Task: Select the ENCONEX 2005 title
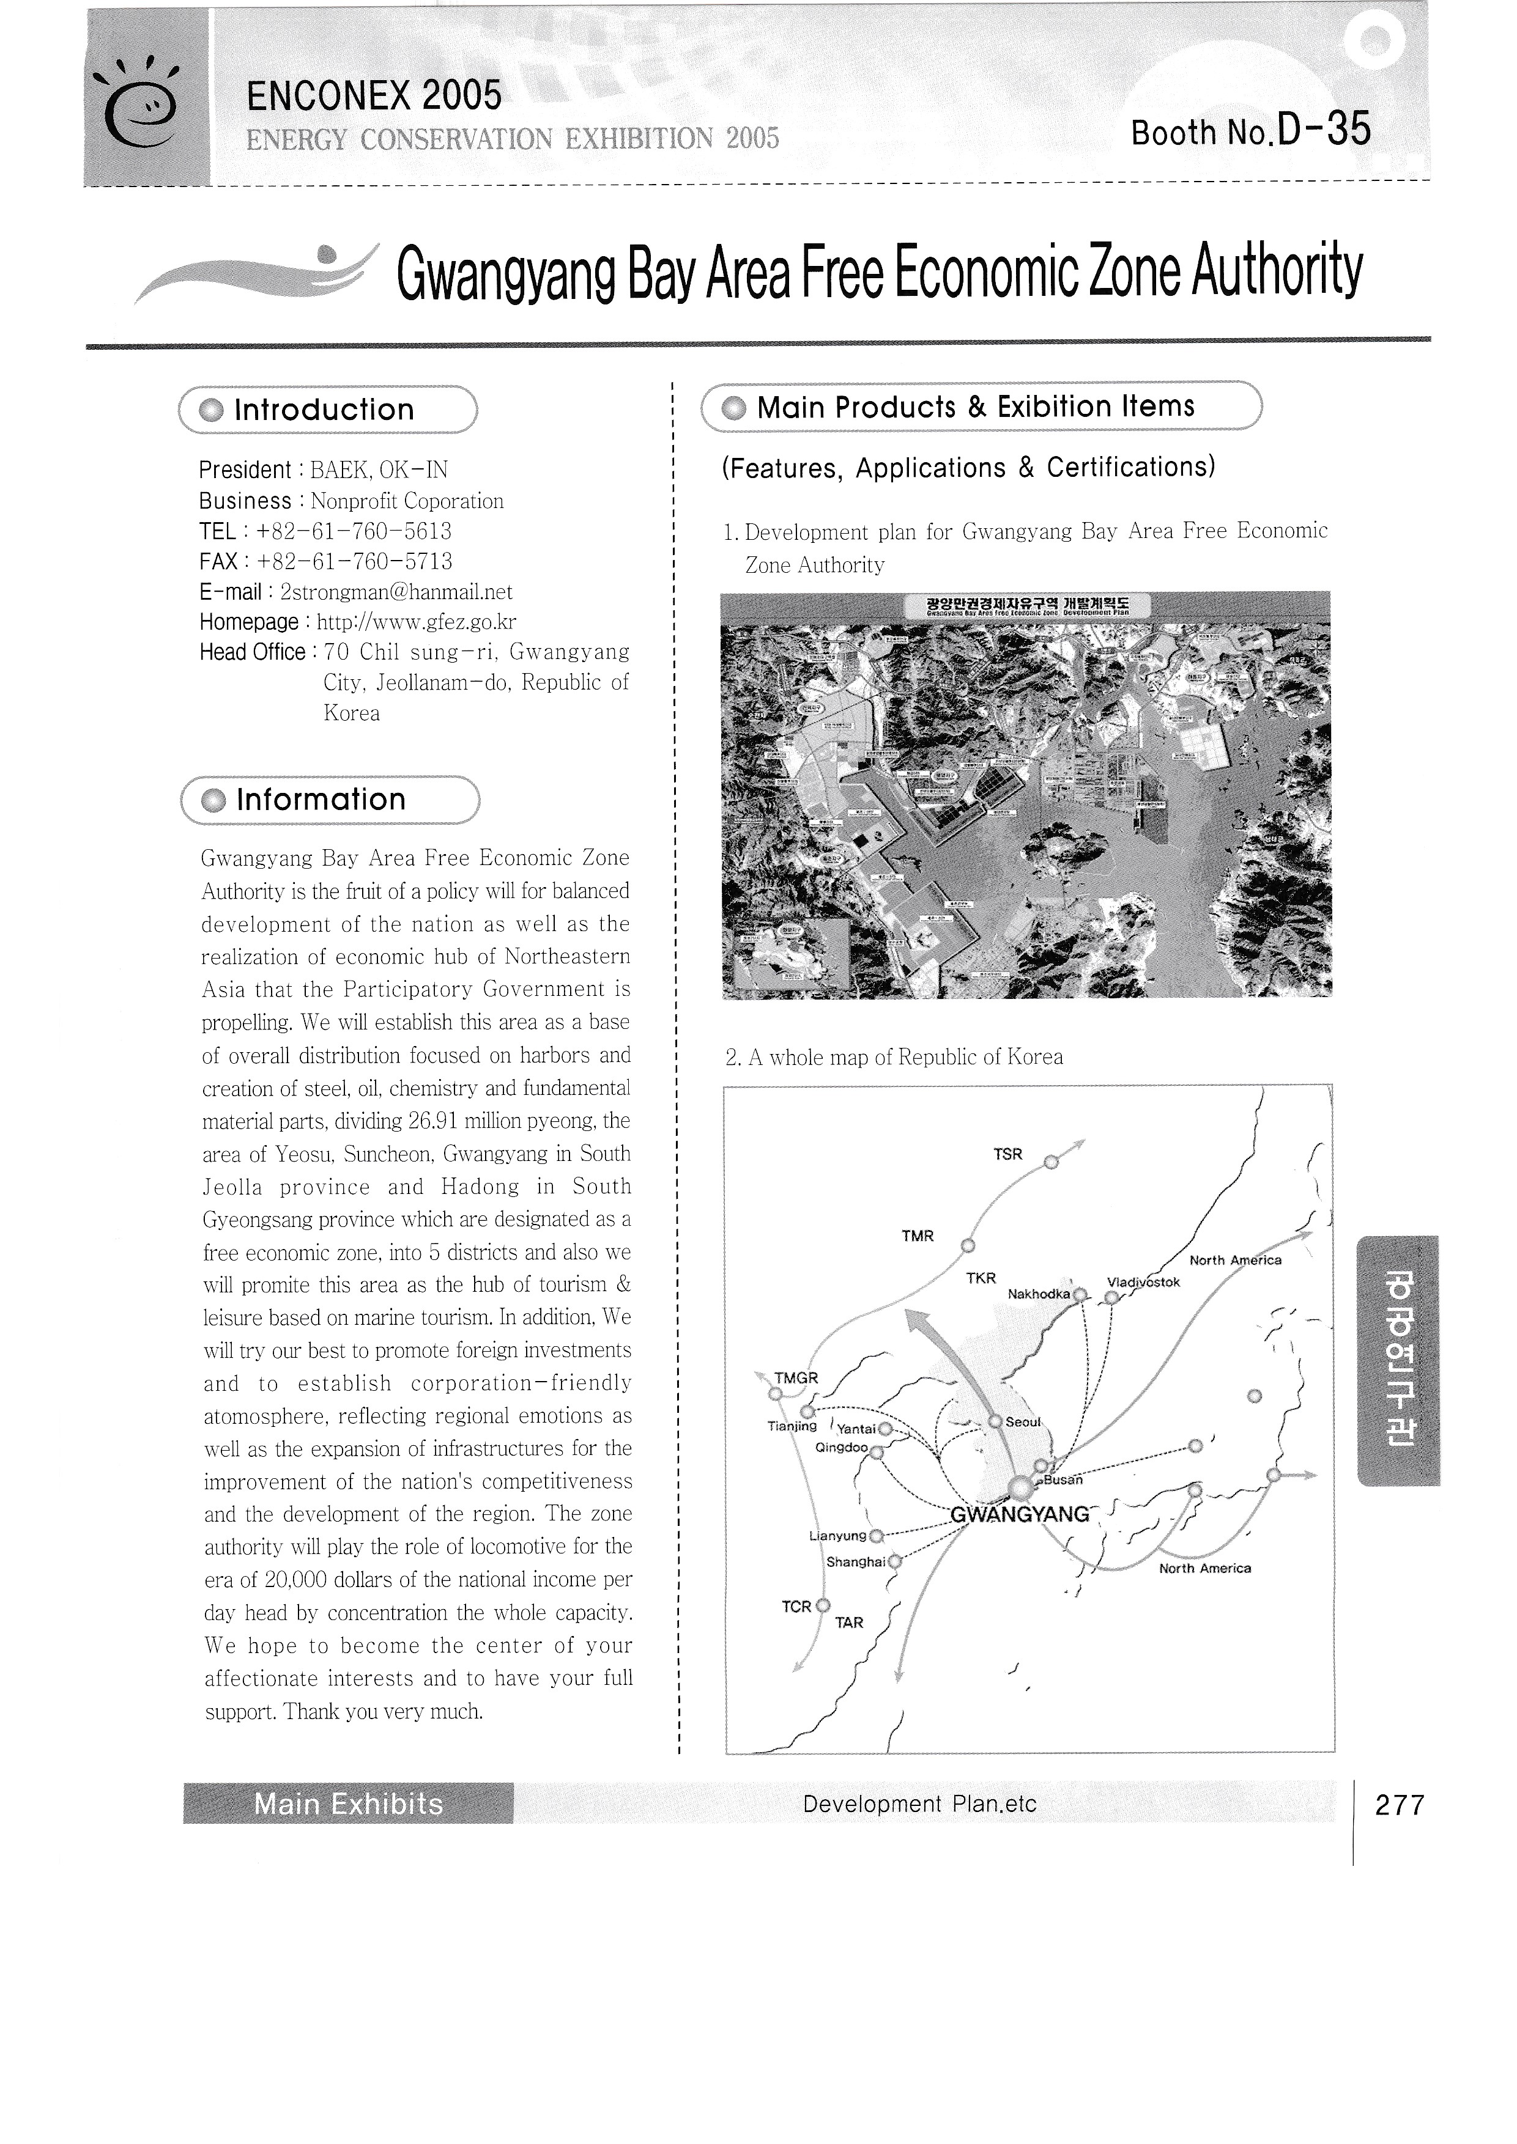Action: pyautogui.click(x=374, y=95)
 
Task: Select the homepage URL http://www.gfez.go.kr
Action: pyautogui.click(x=417, y=623)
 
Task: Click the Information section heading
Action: pyautogui.click(x=321, y=800)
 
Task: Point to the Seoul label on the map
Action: pyautogui.click(x=1023, y=1422)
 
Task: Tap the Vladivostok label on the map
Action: pyautogui.click(x=1143, y=1282)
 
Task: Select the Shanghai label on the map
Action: pyautogui.click(x=855, y=1562)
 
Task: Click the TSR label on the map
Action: pyautogui.click(x=1008, y=1154)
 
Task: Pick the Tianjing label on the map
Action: pyautogui.click(x=791, y=1426)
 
